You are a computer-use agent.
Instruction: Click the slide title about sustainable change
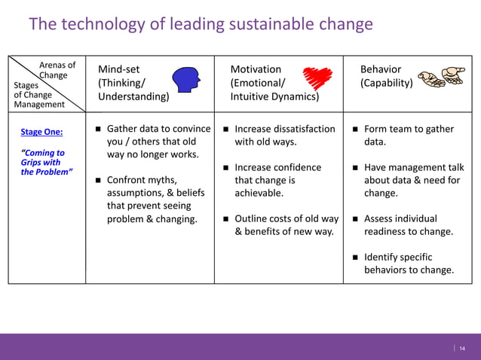click(201, 25)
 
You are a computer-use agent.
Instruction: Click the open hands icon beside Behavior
click(443, 76)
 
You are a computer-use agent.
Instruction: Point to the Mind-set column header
click(118, 69)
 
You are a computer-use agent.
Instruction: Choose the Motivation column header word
click(256, 69)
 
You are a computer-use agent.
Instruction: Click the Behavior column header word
click(381, 69)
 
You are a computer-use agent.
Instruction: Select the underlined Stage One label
click(41, 132)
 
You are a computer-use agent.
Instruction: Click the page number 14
click(462, 347)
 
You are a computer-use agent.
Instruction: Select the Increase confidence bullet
click(277, 180)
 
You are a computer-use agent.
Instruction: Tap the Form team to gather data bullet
click(408, 135)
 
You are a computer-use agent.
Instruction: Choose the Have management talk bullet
click(413, 180)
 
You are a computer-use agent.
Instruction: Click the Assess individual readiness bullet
click(408, 225)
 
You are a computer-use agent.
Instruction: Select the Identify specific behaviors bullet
click(409, 264)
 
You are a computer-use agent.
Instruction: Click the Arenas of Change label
click(57, 70)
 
